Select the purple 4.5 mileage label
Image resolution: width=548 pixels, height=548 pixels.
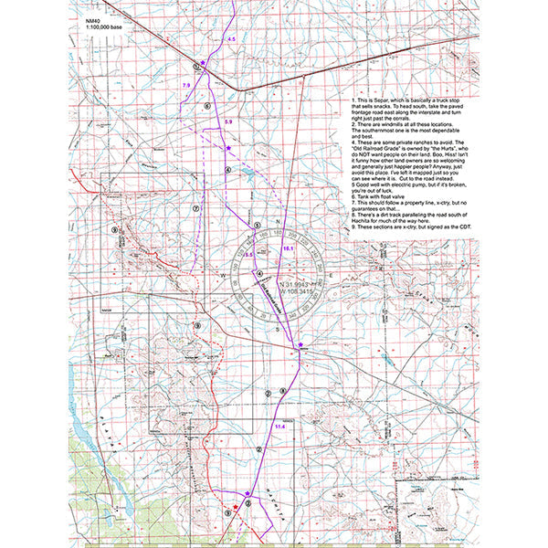(x=231, y=40)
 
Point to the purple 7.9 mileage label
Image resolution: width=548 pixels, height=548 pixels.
(x=186, y=84)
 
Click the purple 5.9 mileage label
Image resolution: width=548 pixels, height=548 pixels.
(x=228, y=121)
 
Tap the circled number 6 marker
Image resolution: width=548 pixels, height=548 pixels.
(x=207, y=106)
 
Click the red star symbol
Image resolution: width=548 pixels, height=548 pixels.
(x=236, y=507)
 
